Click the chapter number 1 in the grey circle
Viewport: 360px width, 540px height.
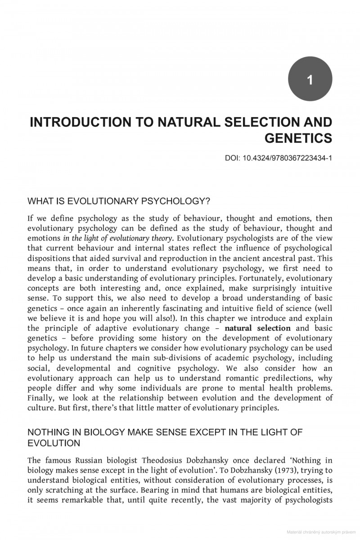coord(310,80)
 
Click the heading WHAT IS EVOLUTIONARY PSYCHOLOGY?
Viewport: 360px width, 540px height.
coord(119,200)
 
